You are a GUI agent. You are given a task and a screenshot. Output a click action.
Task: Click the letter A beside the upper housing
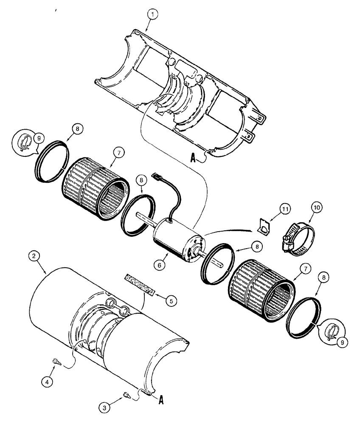click(x=193, y=159)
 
